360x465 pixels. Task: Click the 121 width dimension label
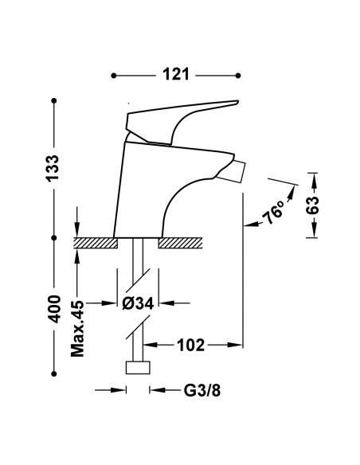(175, 74)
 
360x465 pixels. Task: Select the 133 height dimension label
(53, 168)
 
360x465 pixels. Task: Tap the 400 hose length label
(53, 309)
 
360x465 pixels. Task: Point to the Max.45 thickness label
(78, 328)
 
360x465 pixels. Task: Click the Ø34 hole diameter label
(139, 303)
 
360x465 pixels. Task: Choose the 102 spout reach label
(190, 345)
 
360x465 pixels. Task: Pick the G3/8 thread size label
(202, 391)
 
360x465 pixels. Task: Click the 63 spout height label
(312, 205)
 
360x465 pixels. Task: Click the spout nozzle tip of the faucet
(230, 172)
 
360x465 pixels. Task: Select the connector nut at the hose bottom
(138, 368)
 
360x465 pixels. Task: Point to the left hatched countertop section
(96, 243)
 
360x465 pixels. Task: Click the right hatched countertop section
(180, 243)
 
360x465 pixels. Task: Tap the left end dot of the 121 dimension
(114, 76)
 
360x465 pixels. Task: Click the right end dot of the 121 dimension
(238, 76)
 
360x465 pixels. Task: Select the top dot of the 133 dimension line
(54, 101)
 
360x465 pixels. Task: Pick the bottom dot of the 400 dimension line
(54, 374)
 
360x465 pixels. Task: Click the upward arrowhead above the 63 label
(315, 180)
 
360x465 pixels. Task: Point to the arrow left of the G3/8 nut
(111, 390)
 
